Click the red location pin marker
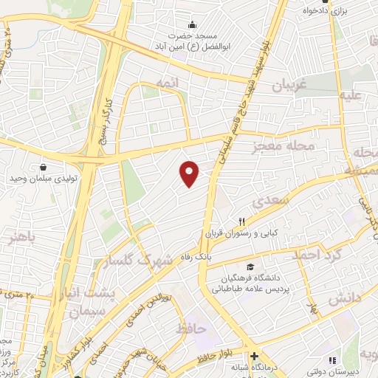(190, 173)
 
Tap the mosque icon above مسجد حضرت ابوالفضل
(193, 24)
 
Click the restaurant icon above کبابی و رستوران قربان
(241, 221)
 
